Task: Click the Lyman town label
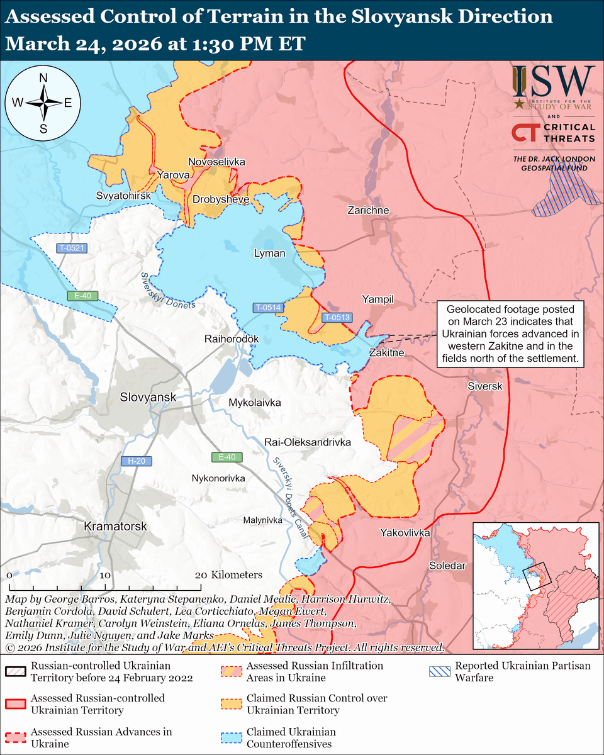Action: point(269,254)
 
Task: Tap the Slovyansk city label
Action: point(148,398)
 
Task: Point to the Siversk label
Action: point(485,386)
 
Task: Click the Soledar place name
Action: point(447,566)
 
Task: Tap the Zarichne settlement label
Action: point(368,210)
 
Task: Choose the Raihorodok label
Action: point(232,339)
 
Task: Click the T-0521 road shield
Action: point(72,248)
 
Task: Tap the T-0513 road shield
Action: point(337,318)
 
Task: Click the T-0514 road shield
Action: point(268,308)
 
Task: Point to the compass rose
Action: point(43,103)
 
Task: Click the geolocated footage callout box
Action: point(510,335)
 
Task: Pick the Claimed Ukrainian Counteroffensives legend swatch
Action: point(230,738)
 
